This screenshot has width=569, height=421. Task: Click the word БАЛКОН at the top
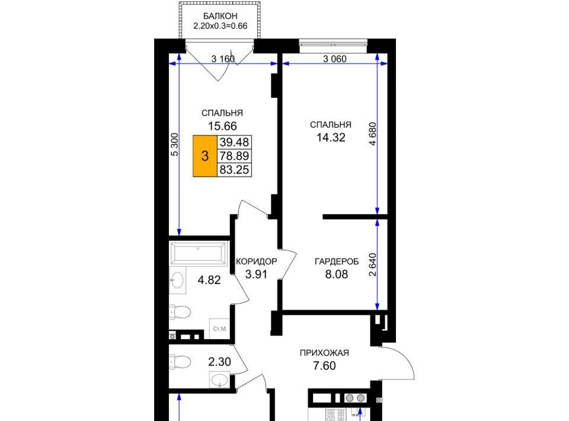pos(220,16)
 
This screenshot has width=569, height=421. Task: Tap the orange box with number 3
pos(205,156)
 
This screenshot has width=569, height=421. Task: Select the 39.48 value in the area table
pos(235,142)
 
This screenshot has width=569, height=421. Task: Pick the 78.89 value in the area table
pos(235,156)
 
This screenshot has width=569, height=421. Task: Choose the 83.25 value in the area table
pos(235,170)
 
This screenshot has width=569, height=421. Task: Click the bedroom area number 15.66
pos(222,126)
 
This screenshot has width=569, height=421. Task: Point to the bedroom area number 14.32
pos(331,138)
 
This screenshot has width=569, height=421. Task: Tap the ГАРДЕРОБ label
pos(337,261)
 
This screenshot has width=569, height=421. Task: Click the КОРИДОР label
pos(256,261)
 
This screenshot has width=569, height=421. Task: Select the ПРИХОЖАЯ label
pos(324,353)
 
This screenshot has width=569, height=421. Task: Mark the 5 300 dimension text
pos(174,145)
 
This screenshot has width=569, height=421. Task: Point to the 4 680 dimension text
pos(373,133)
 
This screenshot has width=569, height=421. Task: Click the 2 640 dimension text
pos(373,264)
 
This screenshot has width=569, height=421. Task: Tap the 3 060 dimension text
pos(334,59)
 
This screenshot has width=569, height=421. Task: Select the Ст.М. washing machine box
pos(219,329)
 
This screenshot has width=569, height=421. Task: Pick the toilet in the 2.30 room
pos(180,362)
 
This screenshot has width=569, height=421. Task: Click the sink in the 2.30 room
pos(219,380)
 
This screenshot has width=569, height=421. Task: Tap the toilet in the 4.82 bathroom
pos(180,312)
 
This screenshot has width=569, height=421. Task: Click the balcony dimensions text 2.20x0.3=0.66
pos(220,26)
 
